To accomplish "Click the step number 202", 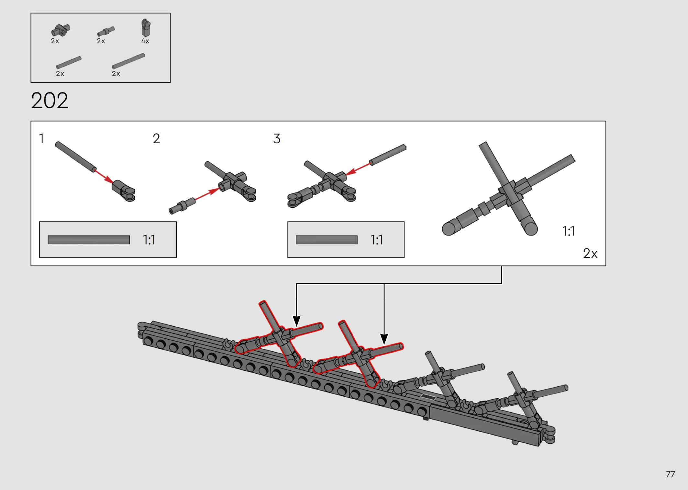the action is pos(50,100).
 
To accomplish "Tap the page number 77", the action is pos(670,474).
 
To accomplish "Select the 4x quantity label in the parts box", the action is pos(145,41).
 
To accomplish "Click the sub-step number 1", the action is pos(41,139).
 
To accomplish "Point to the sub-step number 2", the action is pos(156,139).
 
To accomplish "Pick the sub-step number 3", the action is pos(277,139).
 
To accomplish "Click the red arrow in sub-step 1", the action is pos(104,177).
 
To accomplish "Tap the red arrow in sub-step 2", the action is pos(207,194).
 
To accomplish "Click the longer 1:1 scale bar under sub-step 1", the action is pos(89,240).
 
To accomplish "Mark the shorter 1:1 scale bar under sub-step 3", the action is pos(327,240).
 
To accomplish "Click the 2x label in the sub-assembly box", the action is pos(590,253).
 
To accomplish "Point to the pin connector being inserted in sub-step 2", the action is pos(182,206).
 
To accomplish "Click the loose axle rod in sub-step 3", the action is pos(388,155).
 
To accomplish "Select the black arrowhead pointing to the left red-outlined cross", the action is pos(296,321).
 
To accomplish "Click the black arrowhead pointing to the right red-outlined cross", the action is pos(384,339).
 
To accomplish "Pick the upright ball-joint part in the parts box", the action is pos(146,28).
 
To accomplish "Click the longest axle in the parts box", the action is pos(128,61).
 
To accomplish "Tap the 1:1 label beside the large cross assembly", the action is pos(569,231).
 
